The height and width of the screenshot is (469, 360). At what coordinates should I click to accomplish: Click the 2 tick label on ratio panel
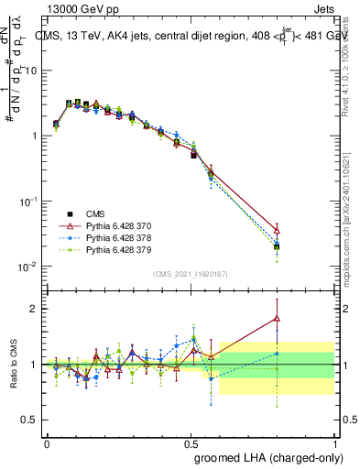[34, 309]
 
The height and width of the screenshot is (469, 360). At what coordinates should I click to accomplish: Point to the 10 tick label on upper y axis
[29, 71]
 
